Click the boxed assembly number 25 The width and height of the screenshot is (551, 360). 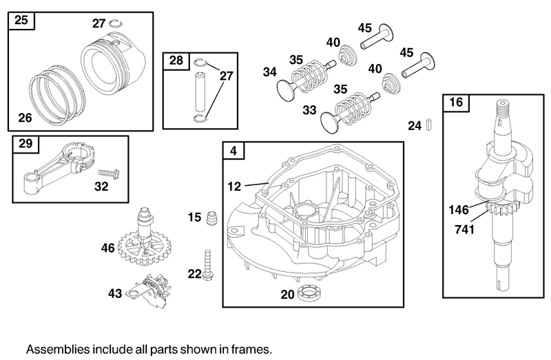[x=21, y=21]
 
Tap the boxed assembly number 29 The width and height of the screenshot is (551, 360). [x=25, y=145]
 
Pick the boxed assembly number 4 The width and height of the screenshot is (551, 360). [x=233, y=151]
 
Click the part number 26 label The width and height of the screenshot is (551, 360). [x=25, y=118]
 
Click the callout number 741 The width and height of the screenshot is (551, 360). [x=465, y=229]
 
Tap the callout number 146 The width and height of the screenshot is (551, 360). [x=459, y=209]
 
